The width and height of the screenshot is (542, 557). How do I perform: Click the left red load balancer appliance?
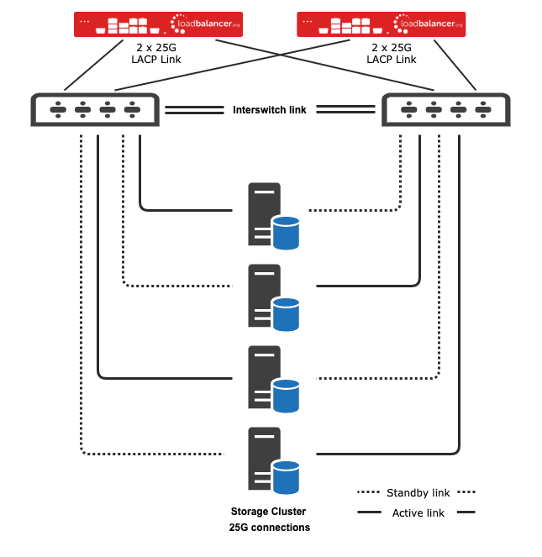158,24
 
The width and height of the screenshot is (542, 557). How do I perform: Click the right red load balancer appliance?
382,24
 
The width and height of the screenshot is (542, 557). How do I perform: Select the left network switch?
93,109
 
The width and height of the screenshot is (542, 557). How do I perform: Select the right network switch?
445,109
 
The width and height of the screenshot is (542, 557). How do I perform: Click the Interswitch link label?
270,109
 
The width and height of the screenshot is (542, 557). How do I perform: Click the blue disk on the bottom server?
287,477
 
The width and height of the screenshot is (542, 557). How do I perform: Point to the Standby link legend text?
414,491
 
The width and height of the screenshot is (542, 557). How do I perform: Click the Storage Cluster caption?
269,511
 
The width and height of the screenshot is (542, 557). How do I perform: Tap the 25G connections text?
269,528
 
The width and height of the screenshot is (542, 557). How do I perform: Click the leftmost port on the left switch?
58,109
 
